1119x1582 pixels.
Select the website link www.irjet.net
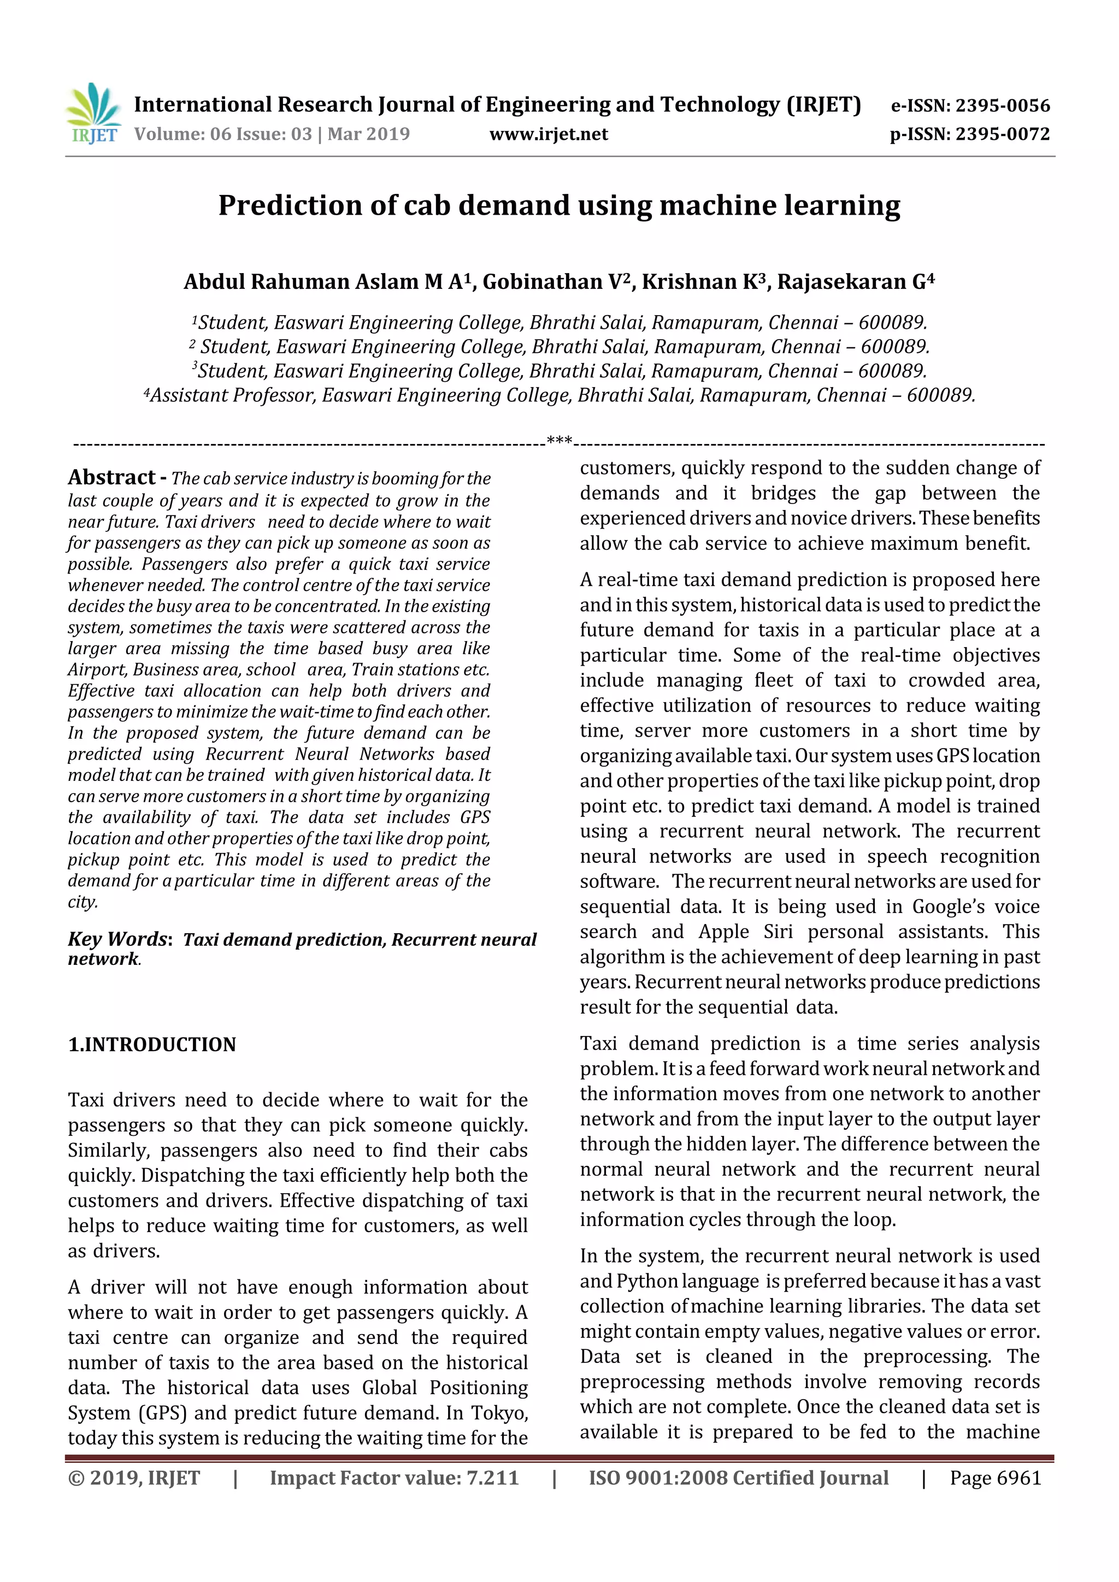point(548,134)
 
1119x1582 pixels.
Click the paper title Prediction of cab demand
point(558,205)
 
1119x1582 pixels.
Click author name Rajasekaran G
point(855,282)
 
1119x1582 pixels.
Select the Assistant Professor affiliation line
point(558,395)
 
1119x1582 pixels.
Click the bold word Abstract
point(111,477)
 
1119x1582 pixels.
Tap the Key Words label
point(118,939)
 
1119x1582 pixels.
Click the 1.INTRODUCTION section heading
point(152,1045)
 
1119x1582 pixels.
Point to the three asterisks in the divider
point(559,440)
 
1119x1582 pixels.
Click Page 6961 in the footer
point(995,1478)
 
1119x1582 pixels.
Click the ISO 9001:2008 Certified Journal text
point(738,1478)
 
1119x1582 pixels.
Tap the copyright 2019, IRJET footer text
point(134,1478)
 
